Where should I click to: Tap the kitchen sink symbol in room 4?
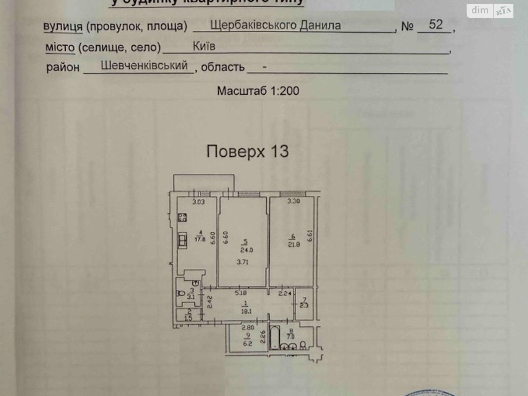click(182, 240)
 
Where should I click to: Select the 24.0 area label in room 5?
click(247, 250)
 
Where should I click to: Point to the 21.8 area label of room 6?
click(294, 245)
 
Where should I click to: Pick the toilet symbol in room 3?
click(181, 293)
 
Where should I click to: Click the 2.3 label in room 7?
click(304, 305)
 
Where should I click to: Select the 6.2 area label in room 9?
click(247, 343)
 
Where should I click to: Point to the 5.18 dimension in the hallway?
click(241, 293)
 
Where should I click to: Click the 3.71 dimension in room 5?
click(243, 262)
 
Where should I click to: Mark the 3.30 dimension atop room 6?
click(293, 201)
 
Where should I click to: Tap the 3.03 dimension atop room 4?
click(199, 202)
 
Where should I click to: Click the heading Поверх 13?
click(247, 151)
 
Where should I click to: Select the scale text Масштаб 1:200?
click(258, 91)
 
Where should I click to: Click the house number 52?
click(436, 24)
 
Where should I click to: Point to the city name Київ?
click(204, 46)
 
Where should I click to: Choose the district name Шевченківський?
click(144, 65)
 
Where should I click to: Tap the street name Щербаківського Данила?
click(275, 25)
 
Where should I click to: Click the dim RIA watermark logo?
click(490, 11)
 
